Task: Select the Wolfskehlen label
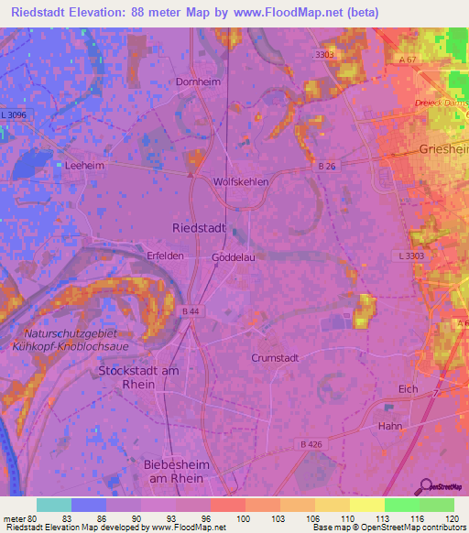(x=241, y=181)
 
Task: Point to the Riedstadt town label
(x=198, y=225)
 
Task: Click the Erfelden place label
(x=166, y=257)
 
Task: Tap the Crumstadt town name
(x=276, y=358)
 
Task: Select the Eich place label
(x=409, y=389)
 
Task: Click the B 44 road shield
(x=191, y=312)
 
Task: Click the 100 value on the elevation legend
(x=243, y=518)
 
